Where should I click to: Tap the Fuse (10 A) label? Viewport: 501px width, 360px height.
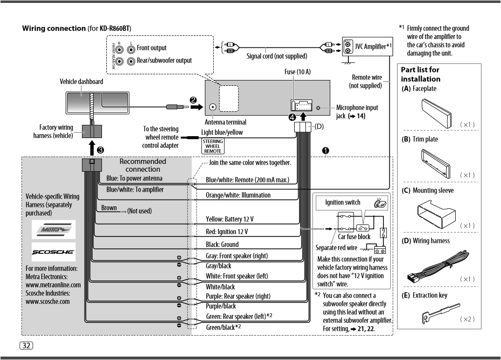297,72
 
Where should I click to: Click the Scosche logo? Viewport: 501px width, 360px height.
53,252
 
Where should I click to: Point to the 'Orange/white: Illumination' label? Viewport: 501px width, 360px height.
238,195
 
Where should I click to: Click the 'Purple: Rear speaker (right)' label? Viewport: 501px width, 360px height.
238,296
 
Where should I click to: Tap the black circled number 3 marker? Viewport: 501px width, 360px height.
100,149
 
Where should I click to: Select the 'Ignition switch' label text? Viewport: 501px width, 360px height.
342,202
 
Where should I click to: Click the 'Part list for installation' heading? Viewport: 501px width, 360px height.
421,74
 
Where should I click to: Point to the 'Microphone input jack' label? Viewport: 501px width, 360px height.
357,112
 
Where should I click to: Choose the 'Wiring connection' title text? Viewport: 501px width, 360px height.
54,28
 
